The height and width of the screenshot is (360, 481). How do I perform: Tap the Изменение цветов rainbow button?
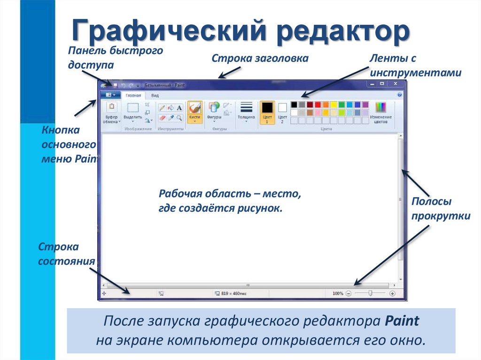pyautogui.click(x=380, y=112)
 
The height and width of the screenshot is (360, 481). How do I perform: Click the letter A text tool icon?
pyautogui.click(x=179, y=107)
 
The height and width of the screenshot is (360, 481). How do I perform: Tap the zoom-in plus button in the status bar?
pyautogui.click(x=392, y=293)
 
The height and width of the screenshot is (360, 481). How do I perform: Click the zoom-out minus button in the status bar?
pyautogui.click(x=349, y=293)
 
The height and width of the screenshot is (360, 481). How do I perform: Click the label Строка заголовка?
pyautogui.click(x=260, y=58)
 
